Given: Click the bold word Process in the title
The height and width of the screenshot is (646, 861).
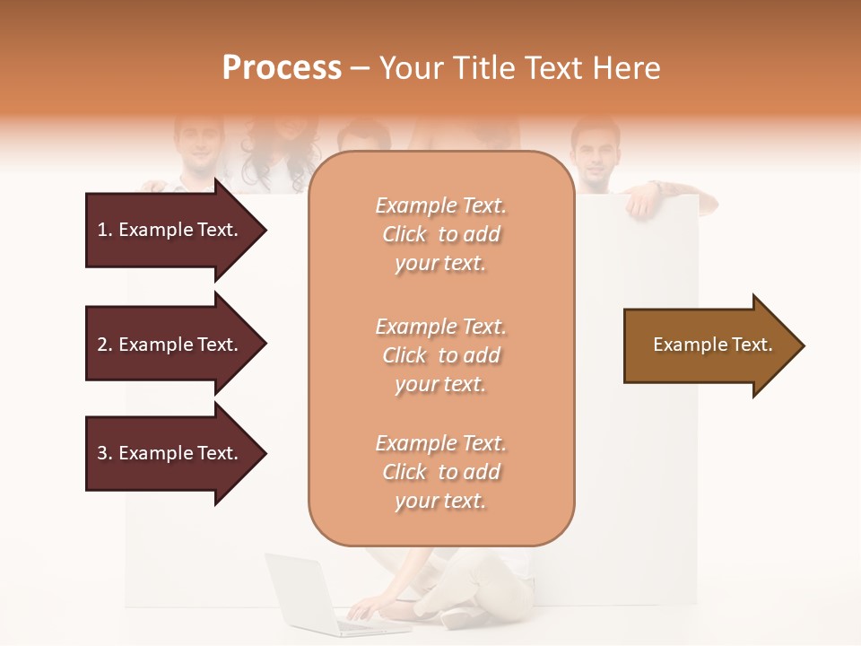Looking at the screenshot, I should [282, 68].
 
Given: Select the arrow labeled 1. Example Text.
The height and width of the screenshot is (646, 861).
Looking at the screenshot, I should [168, 230].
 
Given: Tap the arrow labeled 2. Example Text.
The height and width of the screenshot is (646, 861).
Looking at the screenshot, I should [168, 345].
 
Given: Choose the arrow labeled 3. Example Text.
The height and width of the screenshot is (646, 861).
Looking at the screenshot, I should [168, 453].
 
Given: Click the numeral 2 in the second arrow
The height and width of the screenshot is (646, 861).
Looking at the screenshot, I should [102, 345].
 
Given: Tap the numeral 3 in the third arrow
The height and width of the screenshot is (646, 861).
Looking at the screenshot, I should [102, 453].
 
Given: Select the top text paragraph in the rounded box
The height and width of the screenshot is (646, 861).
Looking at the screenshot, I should [440, 234].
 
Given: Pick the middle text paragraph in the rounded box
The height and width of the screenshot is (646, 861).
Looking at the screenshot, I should [440, 355].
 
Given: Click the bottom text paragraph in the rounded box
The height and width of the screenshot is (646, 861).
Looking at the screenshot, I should [440, 472].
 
